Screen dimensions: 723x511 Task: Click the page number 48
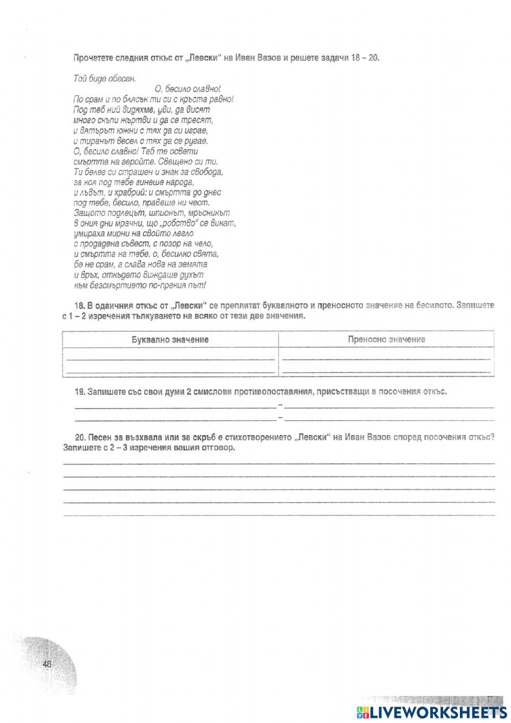tap(48, 664)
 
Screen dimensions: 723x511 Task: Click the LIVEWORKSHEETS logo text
tap(431, 712)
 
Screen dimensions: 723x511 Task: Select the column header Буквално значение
tap(170, 340)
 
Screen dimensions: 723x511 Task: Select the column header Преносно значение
tap(386, 340)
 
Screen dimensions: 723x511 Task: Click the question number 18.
tap(79, 306)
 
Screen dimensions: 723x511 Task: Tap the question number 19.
tap(79, 392)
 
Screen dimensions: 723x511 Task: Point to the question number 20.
tap(79, 438)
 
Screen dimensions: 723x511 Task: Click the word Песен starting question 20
tap(99, 438)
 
